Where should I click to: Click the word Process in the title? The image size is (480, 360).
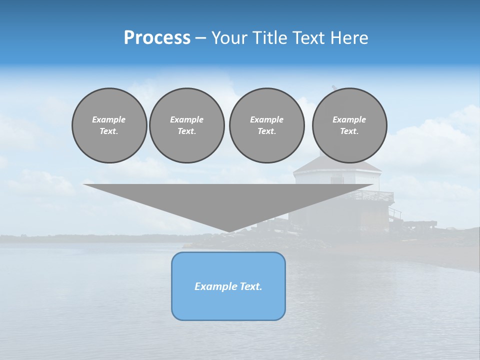157,38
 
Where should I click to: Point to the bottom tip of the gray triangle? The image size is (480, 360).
228,231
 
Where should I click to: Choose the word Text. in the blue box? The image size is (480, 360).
251,286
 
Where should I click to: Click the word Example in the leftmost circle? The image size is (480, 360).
109,119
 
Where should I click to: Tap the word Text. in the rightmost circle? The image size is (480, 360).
349,131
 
